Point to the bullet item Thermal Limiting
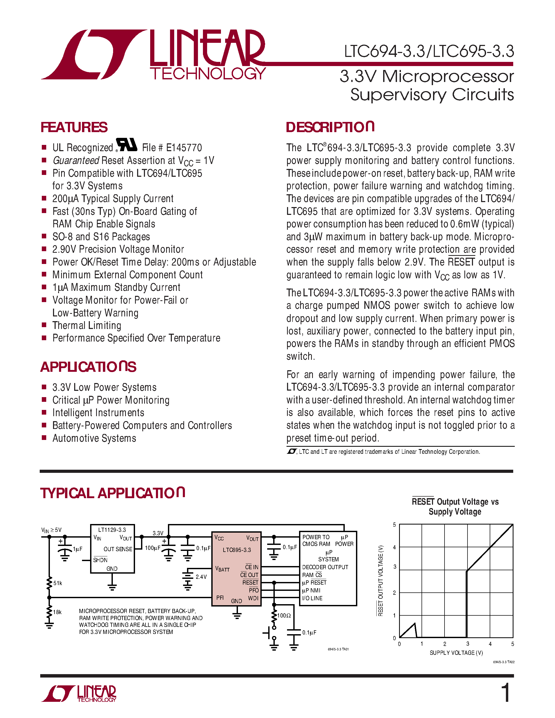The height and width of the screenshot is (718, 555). pos(87,326)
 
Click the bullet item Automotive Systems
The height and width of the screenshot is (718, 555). pos(94,438)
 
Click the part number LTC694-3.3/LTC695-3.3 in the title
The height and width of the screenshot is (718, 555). pos(429,52)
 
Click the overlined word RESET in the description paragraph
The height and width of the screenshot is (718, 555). pos(461,262)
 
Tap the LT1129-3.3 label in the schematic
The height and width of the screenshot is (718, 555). pos(112,530)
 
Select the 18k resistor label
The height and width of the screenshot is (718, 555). pos(57,612)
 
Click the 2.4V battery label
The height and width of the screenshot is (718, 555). pos(201,577)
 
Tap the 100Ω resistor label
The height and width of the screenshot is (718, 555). pos(284,615)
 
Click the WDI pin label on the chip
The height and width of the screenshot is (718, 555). pos(253,598)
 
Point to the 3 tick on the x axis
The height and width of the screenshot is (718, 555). pos(468,644)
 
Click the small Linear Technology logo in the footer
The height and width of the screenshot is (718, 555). pos(79,693)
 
